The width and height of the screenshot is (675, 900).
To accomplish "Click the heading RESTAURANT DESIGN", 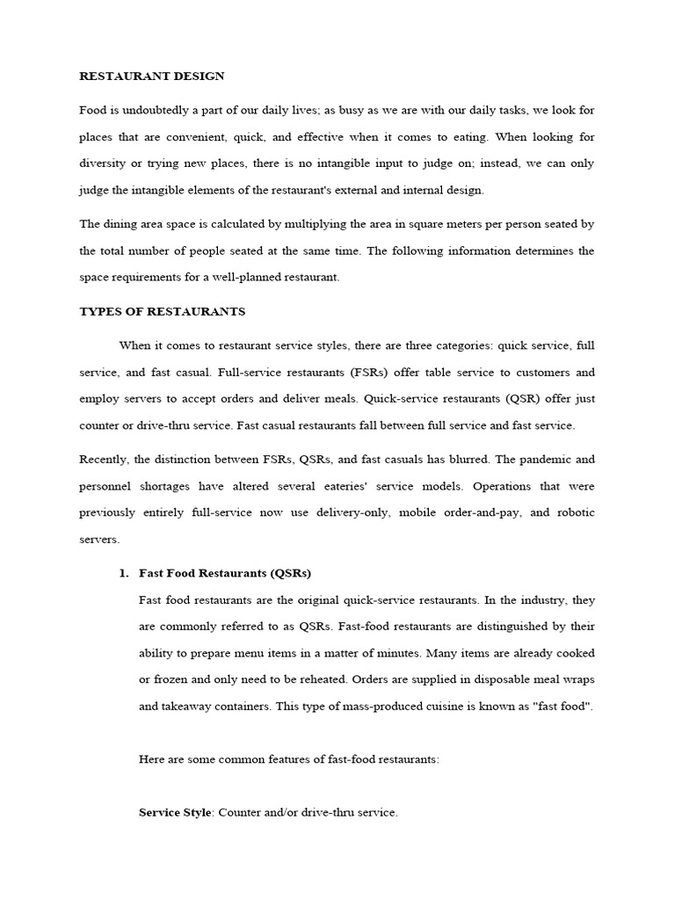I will point(151,76).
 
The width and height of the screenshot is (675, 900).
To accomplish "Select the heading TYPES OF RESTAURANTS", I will point(163,311).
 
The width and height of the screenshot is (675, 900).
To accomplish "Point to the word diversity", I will point(103,163).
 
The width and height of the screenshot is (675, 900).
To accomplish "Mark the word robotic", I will point(575,513).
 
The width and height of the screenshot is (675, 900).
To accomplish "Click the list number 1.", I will point(123,573).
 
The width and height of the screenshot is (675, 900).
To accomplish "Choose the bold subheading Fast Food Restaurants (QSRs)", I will point(225,573).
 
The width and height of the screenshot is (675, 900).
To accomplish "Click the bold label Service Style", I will point(175,813).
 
